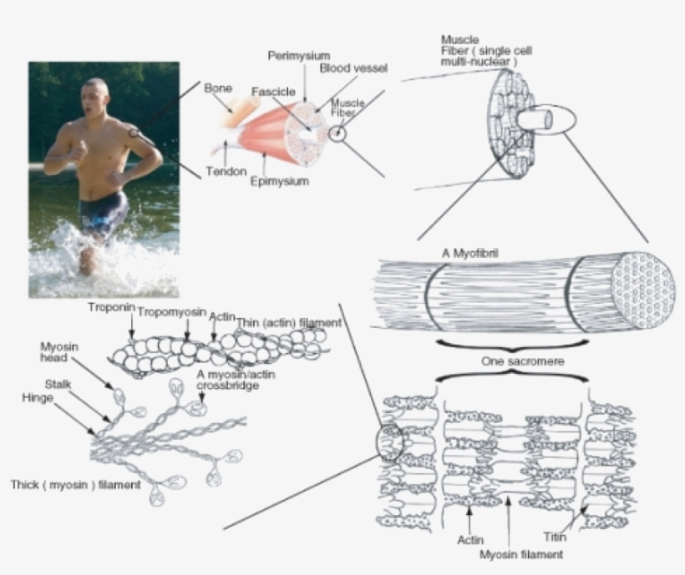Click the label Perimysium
[x=298, y=55]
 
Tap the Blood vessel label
[x=353, y=68]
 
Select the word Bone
[x=218, y=88]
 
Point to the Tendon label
[x=225, y=172]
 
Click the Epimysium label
[x=279, y=180]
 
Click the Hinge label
[x=38, y=398]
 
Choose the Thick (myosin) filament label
[x=75, y=484]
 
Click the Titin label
[x=555, y=538]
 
